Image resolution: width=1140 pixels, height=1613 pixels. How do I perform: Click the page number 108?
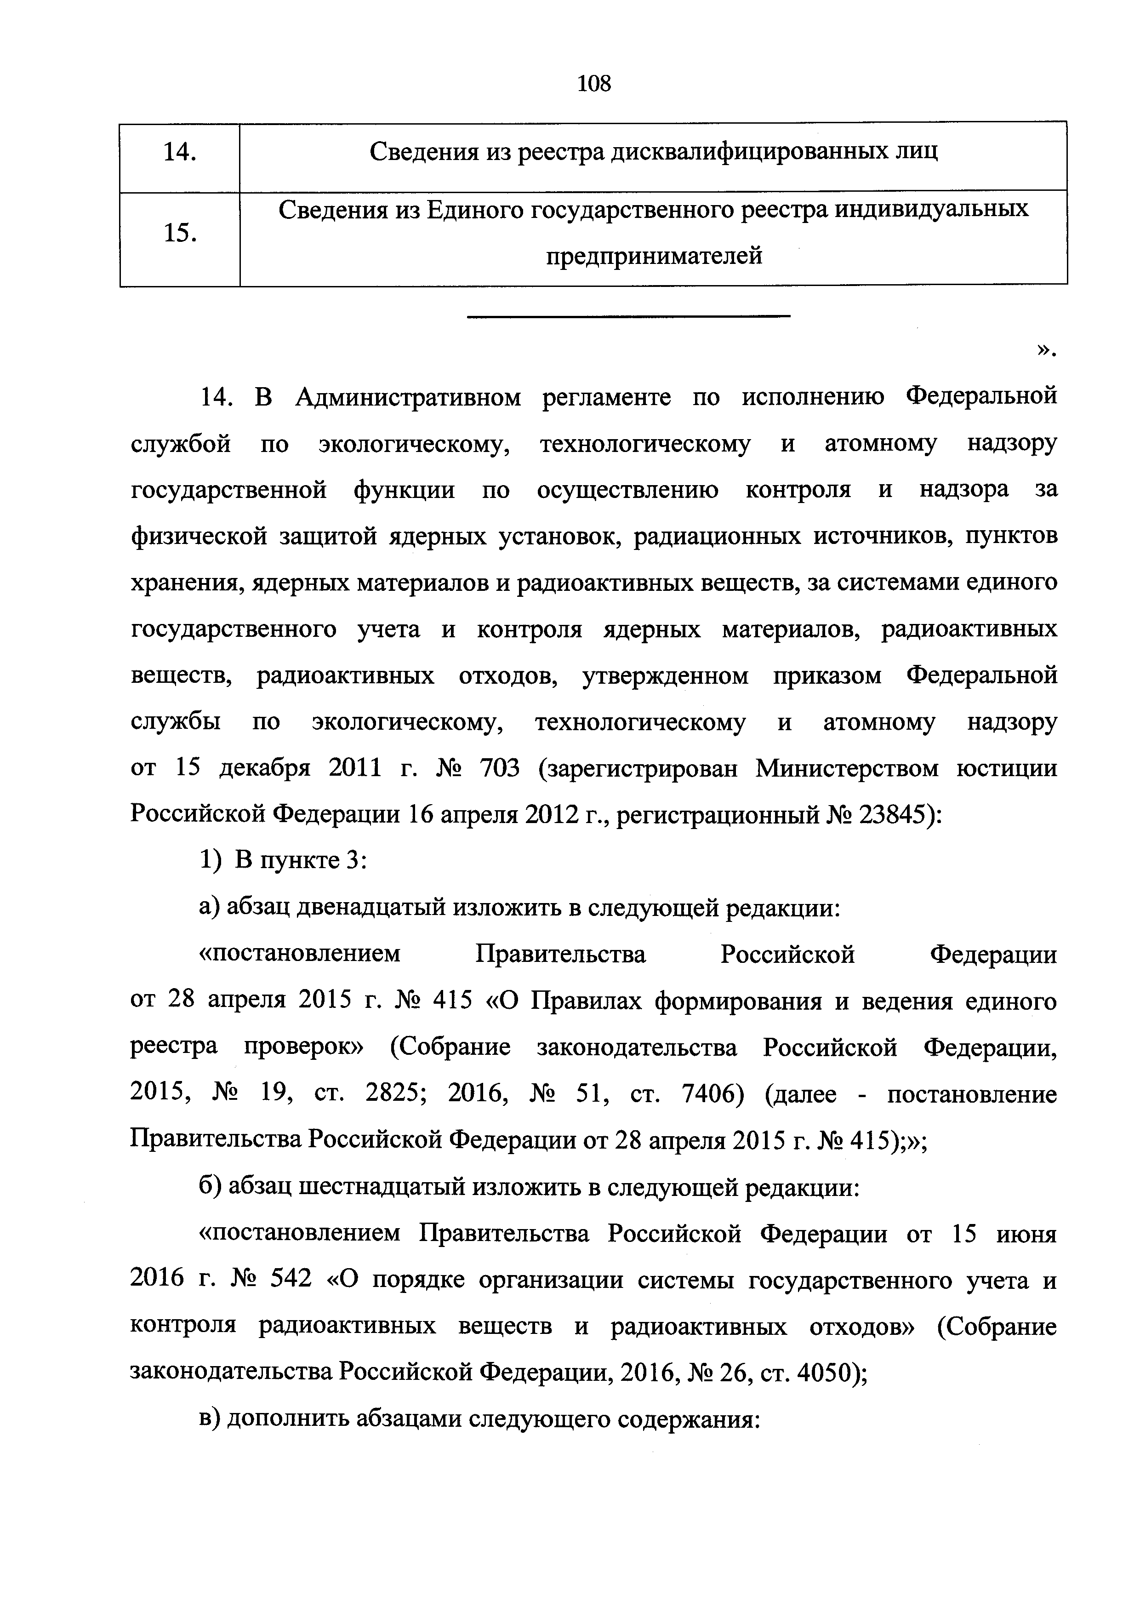click(x=593, y=84)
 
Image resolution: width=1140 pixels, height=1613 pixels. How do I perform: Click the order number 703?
click(x=499, y=768)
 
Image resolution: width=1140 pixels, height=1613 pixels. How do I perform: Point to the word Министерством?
click(x=846, y=768)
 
